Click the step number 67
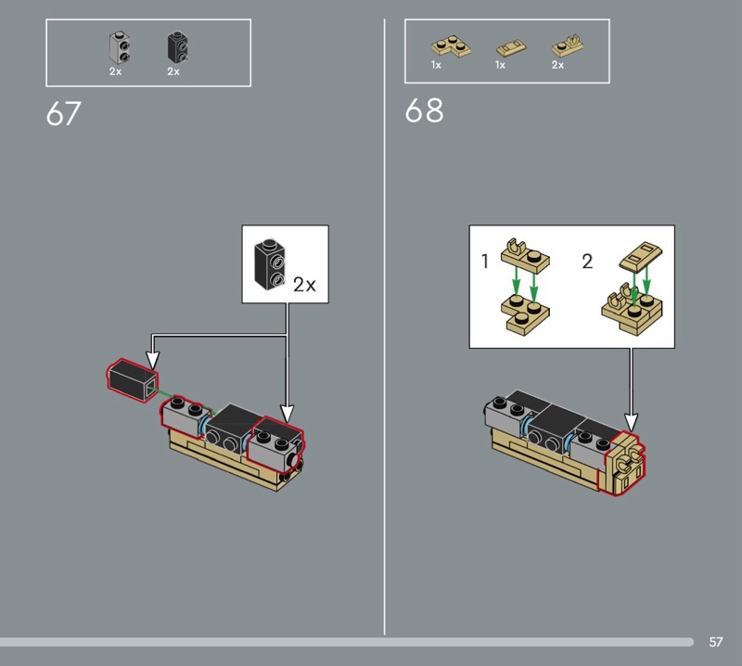(x=64, y=113)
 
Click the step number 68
(x=425, y=110)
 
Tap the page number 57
(x=715, y=642)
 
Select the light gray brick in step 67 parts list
(x=120, y=47)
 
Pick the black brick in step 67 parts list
(x=177, y=47)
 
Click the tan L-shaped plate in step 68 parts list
(x=451, y=46)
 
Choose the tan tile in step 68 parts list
(x=511, y=48)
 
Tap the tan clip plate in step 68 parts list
(x=567, y=45)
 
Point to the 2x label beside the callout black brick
(x=304, y=285)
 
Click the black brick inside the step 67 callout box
(x=270, y=264)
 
